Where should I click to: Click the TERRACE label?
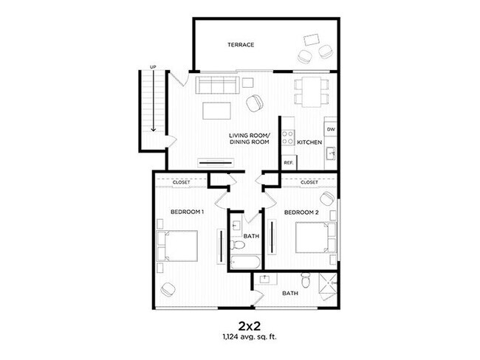click(x=240, y=45)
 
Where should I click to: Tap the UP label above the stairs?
click(x=153, y=68)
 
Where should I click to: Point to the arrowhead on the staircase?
click(x=153, y=128)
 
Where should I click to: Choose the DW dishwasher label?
click(x=331, y=130)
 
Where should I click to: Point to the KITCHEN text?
click(x=310, y=142)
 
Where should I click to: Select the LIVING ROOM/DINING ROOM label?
click(x=250, y=139)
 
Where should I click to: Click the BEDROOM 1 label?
click(x=187, y=212)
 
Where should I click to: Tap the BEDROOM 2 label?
click(x=301, y=212)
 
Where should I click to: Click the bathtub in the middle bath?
click(x=244, y=263)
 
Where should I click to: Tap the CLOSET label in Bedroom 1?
click(x=181, y=181)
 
